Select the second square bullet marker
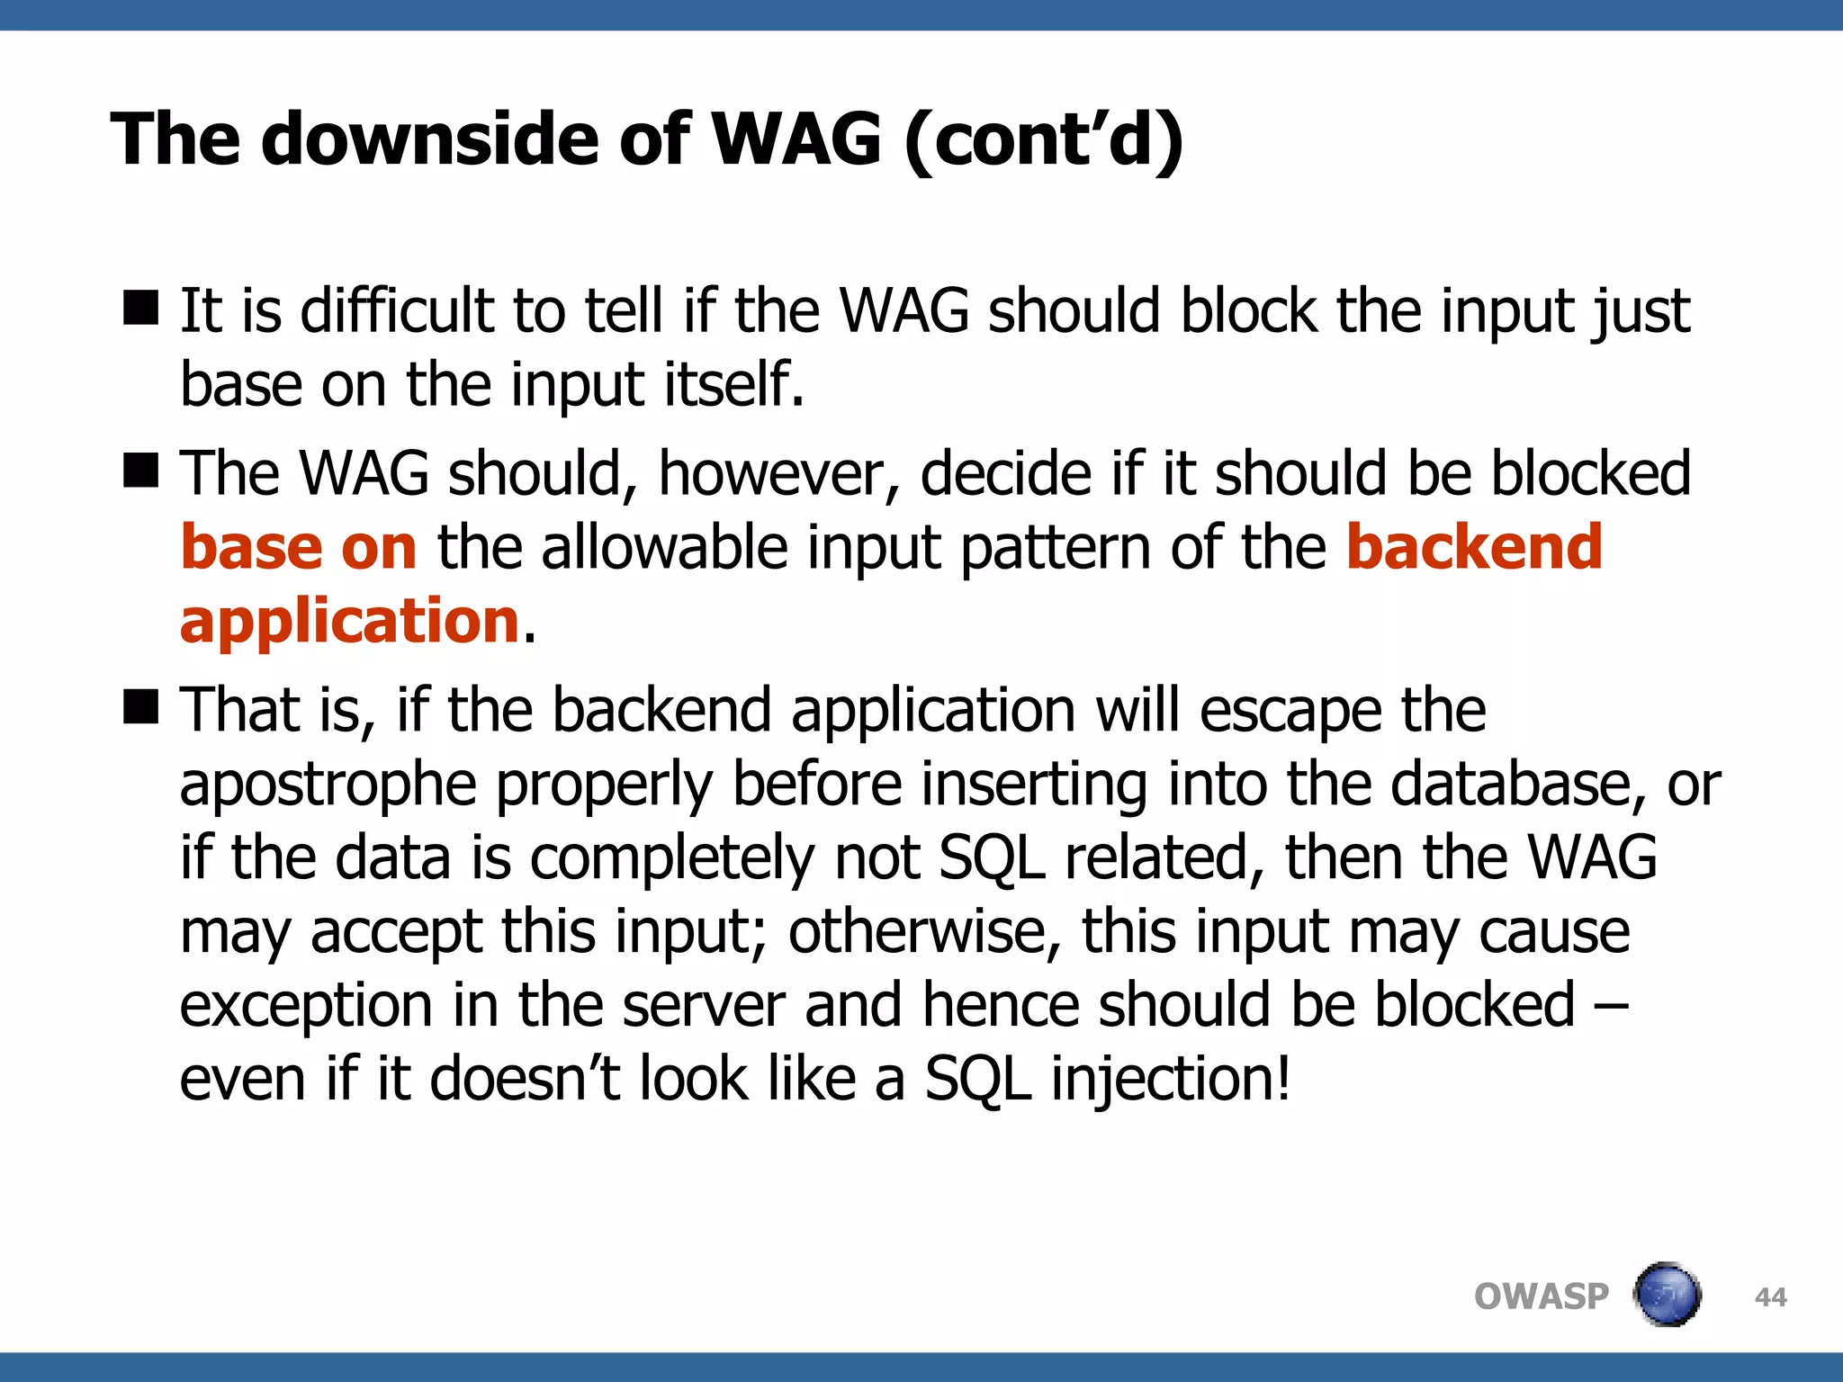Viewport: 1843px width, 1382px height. tap(141, 471)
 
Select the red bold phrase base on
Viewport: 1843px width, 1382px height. tap(298, 547)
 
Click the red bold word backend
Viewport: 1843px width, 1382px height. tap(1474, 547)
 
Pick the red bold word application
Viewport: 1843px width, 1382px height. tap(350, 621)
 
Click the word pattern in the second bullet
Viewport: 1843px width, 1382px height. tap(1055, 549)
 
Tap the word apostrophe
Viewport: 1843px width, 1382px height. tap(328, 785)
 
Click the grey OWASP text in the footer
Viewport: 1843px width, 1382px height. tap(1541, 1297)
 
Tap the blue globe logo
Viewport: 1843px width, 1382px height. tap(1667, 1295)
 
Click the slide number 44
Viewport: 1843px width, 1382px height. tap(1770, 1297)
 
